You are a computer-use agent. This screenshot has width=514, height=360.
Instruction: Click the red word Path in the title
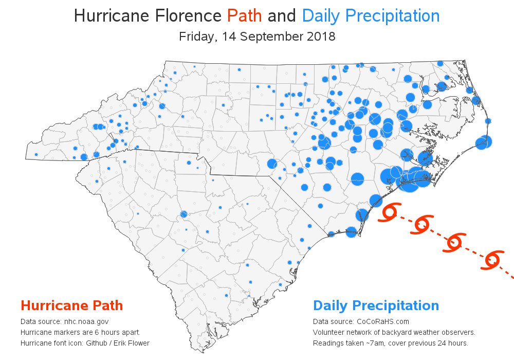coord(245,16)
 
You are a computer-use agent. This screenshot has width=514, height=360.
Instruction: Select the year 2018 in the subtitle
coord(321,37)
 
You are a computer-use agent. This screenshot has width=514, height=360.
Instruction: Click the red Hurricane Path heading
coord(71,305)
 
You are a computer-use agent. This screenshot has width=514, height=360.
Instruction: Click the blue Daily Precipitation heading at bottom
coord(376,305)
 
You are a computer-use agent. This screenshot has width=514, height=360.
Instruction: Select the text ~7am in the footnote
coord(370,343)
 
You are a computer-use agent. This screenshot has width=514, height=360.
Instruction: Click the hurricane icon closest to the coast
coord(391,212)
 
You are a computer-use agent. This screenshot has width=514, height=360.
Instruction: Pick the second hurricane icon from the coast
coord(423,225)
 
